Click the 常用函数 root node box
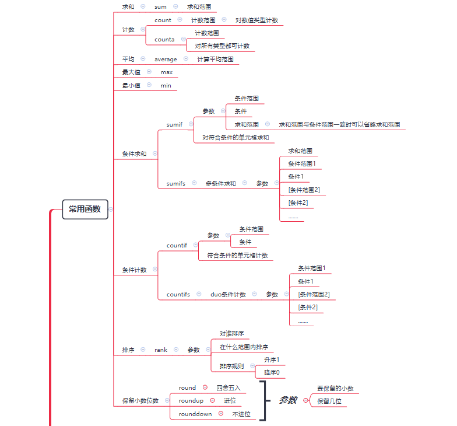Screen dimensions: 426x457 coord(85,209)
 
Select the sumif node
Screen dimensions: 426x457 coord(174,124)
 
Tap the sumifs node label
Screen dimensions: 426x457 coord(176,183)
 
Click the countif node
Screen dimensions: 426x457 coord(177,245)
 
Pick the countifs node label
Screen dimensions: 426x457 coord(178,294)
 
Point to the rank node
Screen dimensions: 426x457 coord(161,350)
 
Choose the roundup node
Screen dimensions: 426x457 coord(191,400)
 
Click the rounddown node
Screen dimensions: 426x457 coord(195,414)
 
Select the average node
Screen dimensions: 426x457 coord(166,59)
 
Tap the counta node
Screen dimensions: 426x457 coord(164,39)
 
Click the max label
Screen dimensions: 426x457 coord(167,72)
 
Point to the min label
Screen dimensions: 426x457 coord(166,85)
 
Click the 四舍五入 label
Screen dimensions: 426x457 coord(228,387)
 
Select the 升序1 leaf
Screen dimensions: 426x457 coord(272,359)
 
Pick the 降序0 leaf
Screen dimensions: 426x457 coord(272,372)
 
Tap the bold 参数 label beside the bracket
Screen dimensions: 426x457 coord(288,400)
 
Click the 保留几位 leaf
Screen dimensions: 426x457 coord(329,401)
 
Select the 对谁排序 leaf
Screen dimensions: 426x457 coord(231,334)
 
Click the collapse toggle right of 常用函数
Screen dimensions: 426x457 coord(111,209)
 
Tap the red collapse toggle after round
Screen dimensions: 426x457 coord(205,387)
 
